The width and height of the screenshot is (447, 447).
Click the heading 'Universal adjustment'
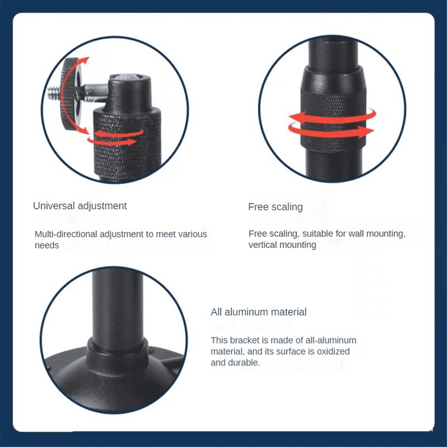pyautogui.click(x=80, y=206)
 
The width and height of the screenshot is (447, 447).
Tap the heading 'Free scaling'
pyautogui.click(x=275, y=207)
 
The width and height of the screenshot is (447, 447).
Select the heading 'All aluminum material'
pyautogui.click(x=259, y=312)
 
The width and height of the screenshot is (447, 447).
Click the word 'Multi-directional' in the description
pyautogui.click(x=66, y=234)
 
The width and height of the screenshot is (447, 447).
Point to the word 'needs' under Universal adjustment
pyautogui.click(x=47, y=245)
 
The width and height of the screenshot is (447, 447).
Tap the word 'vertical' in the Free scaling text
pyautogui.click(x=263, y=245)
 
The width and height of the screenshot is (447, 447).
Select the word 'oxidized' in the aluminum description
pyautogui.click(x=331, y=351)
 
